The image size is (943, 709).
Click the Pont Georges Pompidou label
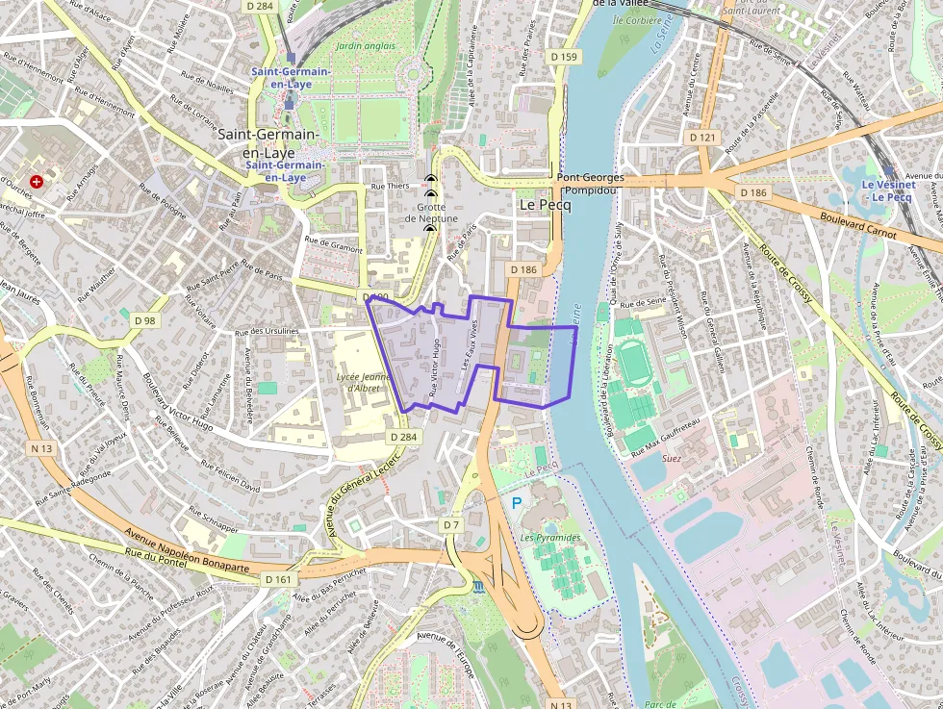tap(590, 184)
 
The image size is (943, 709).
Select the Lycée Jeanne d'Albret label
tap(363, 382)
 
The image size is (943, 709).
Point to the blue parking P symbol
tap(517, 503)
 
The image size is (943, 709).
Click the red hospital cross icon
tap(37, 181)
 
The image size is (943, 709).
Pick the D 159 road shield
tap(565, 57)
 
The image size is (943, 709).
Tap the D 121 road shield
tap(703, 138)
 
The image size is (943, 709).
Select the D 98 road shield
tap(144, 320)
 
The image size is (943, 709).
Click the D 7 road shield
tap(450, 524)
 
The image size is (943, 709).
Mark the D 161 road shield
tap(276, 579)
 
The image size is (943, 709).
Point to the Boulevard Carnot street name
tap(858, 226)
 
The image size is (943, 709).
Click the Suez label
tap(671, 459)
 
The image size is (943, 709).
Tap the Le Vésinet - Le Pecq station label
tap(886, 190)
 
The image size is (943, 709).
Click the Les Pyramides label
tap(550, 537)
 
